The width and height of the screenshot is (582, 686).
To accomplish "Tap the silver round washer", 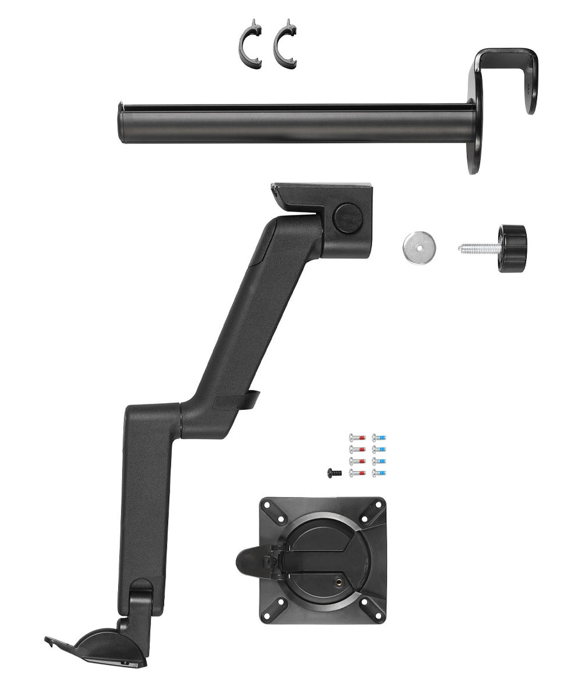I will [x=419, y=248].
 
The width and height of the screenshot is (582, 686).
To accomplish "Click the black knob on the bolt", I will [x=512, y=248].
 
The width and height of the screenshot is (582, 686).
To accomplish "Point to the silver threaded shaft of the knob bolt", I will [x=478, y=248].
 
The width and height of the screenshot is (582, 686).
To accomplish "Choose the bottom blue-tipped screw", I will [x=379, y=473].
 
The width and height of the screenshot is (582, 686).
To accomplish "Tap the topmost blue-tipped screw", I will [x=379, y=437].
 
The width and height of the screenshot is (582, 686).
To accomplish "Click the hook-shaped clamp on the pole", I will [x=506, y=79].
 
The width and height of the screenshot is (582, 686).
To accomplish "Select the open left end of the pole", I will [x=121, y=124].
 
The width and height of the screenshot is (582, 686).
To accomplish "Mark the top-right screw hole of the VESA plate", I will [x=378, y=504].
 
